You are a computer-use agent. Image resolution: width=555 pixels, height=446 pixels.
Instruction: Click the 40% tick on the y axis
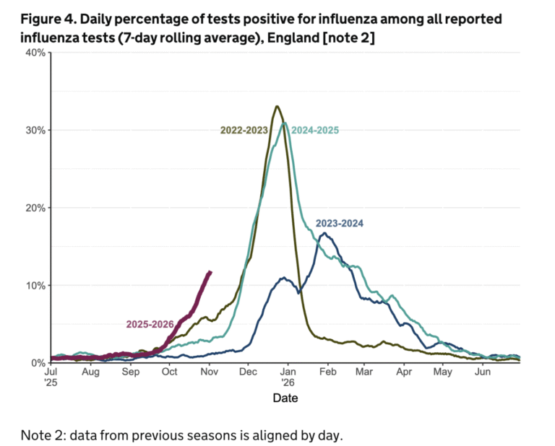[35, 53]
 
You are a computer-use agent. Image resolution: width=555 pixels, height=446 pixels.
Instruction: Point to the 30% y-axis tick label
[35, 130]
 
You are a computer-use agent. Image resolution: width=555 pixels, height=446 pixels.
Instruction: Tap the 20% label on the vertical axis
[35, 208]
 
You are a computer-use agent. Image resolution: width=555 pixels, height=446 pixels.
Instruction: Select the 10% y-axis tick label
[35, 285]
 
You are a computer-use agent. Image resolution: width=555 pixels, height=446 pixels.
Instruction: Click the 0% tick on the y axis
[38, 363]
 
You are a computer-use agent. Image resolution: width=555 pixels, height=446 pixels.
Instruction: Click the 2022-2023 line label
[244, 130]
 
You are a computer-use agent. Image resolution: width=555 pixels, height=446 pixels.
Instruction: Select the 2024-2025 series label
[314, 130]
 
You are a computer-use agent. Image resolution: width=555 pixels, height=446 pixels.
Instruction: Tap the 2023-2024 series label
[340, 224]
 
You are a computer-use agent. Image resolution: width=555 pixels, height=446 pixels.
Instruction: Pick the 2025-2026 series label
[149, 324]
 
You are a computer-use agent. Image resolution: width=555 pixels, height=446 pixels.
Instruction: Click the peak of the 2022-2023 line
[277, 107]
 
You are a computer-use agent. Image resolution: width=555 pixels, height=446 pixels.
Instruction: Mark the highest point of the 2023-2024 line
[324, 233]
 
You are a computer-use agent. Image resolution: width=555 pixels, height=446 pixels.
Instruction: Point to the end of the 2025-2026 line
[210, 272]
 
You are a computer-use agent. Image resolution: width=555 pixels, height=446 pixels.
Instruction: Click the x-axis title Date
[285, 398]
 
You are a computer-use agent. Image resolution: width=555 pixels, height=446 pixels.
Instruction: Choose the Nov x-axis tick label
[210, 372]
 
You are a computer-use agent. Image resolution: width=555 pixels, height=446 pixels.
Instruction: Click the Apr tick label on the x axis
[404, 372]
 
